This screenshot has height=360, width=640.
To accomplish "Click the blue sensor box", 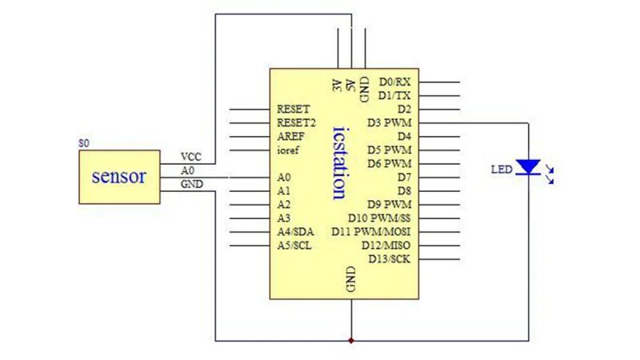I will [x=119, y=176].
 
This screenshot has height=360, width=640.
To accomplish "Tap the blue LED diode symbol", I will [x=528, y=166].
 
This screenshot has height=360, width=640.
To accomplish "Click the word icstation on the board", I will [x=339, y=160].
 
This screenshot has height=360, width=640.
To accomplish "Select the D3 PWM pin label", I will [x=389, y=122].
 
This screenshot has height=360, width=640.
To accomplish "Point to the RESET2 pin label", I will [x=297, y=122].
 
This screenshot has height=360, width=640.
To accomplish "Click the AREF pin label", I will [x=290, y=136].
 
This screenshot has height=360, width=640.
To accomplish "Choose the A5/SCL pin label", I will [x=294, y=245].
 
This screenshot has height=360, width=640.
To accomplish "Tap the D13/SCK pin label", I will [x=390, y=258].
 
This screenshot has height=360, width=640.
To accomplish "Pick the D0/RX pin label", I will [x=395, y=82].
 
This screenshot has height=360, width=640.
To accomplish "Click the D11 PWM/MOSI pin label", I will [x=371, y=231].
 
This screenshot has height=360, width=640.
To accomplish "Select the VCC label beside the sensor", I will [x=191, y=157].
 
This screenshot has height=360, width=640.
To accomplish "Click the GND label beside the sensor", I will [x=191, y=184].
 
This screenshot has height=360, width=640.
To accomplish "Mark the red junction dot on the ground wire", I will [x=351, y=341].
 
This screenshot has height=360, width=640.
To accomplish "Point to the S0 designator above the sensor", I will [x=84, y=142].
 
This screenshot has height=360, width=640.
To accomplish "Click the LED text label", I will [x=500, y=169].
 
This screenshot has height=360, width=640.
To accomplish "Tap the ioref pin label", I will [x=288, y=150].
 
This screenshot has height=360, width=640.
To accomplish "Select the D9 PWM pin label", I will [x=389, y=204].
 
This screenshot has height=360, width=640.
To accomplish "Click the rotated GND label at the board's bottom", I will [x=350, y=279].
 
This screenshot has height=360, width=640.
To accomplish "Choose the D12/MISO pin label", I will [x=386, y=245].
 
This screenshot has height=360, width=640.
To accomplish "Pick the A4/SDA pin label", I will [x=295, y=231].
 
